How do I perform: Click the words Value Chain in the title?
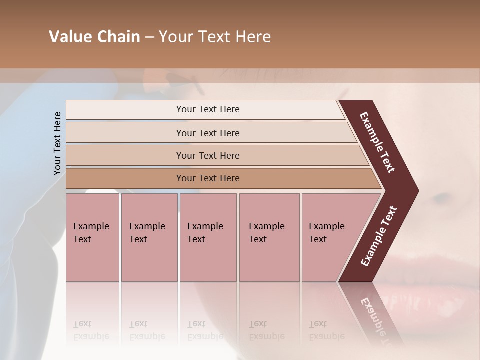point(94,37)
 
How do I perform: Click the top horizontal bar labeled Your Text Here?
point(207,109)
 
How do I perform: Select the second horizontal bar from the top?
point(207,133)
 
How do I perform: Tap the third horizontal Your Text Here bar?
point(207,155)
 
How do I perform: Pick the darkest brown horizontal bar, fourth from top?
point(207,178)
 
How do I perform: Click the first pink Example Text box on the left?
point(92,237)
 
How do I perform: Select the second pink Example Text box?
point(149,237)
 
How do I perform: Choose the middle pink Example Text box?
point(208,237)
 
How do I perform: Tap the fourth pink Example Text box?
point(269,237)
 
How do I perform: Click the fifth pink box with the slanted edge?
point(330,237)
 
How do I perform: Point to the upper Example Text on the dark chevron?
point(378,142)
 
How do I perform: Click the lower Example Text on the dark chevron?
point(379,236)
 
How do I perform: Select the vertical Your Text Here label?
point(57,143)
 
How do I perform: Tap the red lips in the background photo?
point(440,295)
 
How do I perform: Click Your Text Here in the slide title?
point(215,37)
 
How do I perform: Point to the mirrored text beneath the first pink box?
point(91,330)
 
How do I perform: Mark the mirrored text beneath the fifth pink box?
point(327,330)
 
